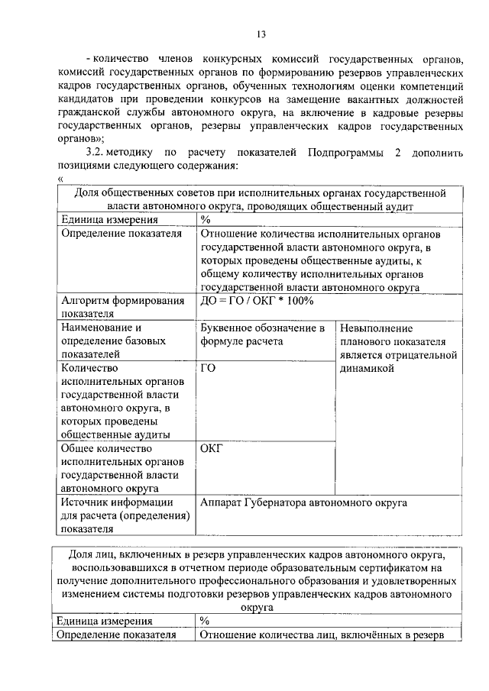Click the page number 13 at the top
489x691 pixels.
(260, 34)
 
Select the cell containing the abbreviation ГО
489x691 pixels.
(208, 369)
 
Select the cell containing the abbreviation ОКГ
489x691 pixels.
(211, 448)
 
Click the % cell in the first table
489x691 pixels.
(205, 220)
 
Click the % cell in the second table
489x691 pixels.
(204, 621)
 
